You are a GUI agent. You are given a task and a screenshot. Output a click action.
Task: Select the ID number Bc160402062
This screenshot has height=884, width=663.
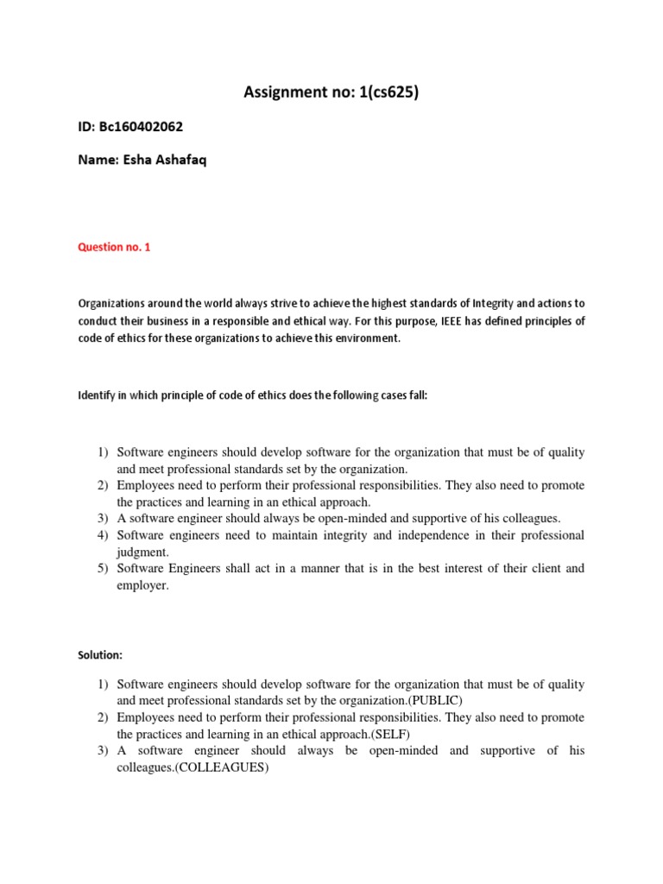click(x=143, y=127)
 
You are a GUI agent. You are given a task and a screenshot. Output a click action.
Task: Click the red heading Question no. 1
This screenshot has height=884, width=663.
click(x=114, y=247)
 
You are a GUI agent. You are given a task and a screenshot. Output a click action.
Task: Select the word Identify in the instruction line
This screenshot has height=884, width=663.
click(x=98, y=395)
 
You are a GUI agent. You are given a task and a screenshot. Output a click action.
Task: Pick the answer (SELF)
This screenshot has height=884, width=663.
click(x=372, y=734)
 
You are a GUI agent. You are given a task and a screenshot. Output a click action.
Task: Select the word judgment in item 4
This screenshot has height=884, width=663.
click(x=143, y=552)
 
